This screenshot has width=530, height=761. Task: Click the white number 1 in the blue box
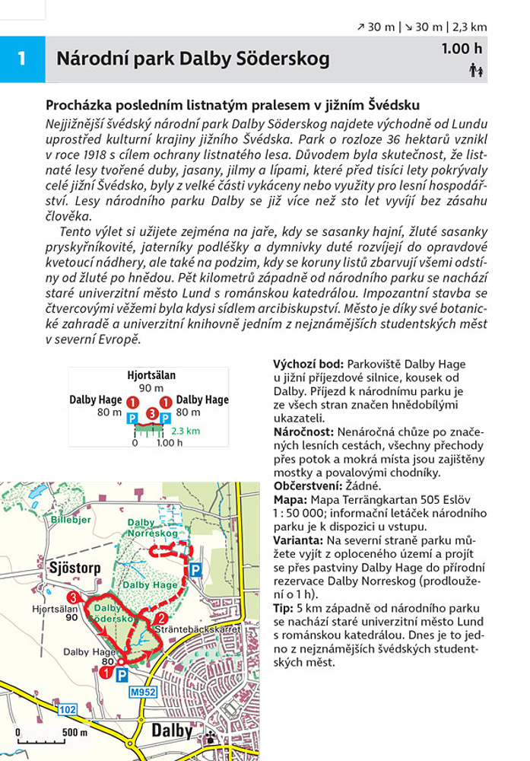pyautogui.click(x=22, y=58)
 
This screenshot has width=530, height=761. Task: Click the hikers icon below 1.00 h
pyautogui.click(x=477, y=71)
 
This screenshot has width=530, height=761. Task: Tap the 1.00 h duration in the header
pyautogui.click(x=462, y=49)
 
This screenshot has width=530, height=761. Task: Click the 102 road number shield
pyautogui.click(x=66, y=709)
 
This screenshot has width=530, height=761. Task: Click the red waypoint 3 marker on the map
pyautogui.click(x=72, y=597)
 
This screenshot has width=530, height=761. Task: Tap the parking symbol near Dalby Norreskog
pyautogui.click(x=195, y=569)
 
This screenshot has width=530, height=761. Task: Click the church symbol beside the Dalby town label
pyautogui.click(x=211, y=737)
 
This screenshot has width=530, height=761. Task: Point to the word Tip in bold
pyautogui.click(x=282, y=607)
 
